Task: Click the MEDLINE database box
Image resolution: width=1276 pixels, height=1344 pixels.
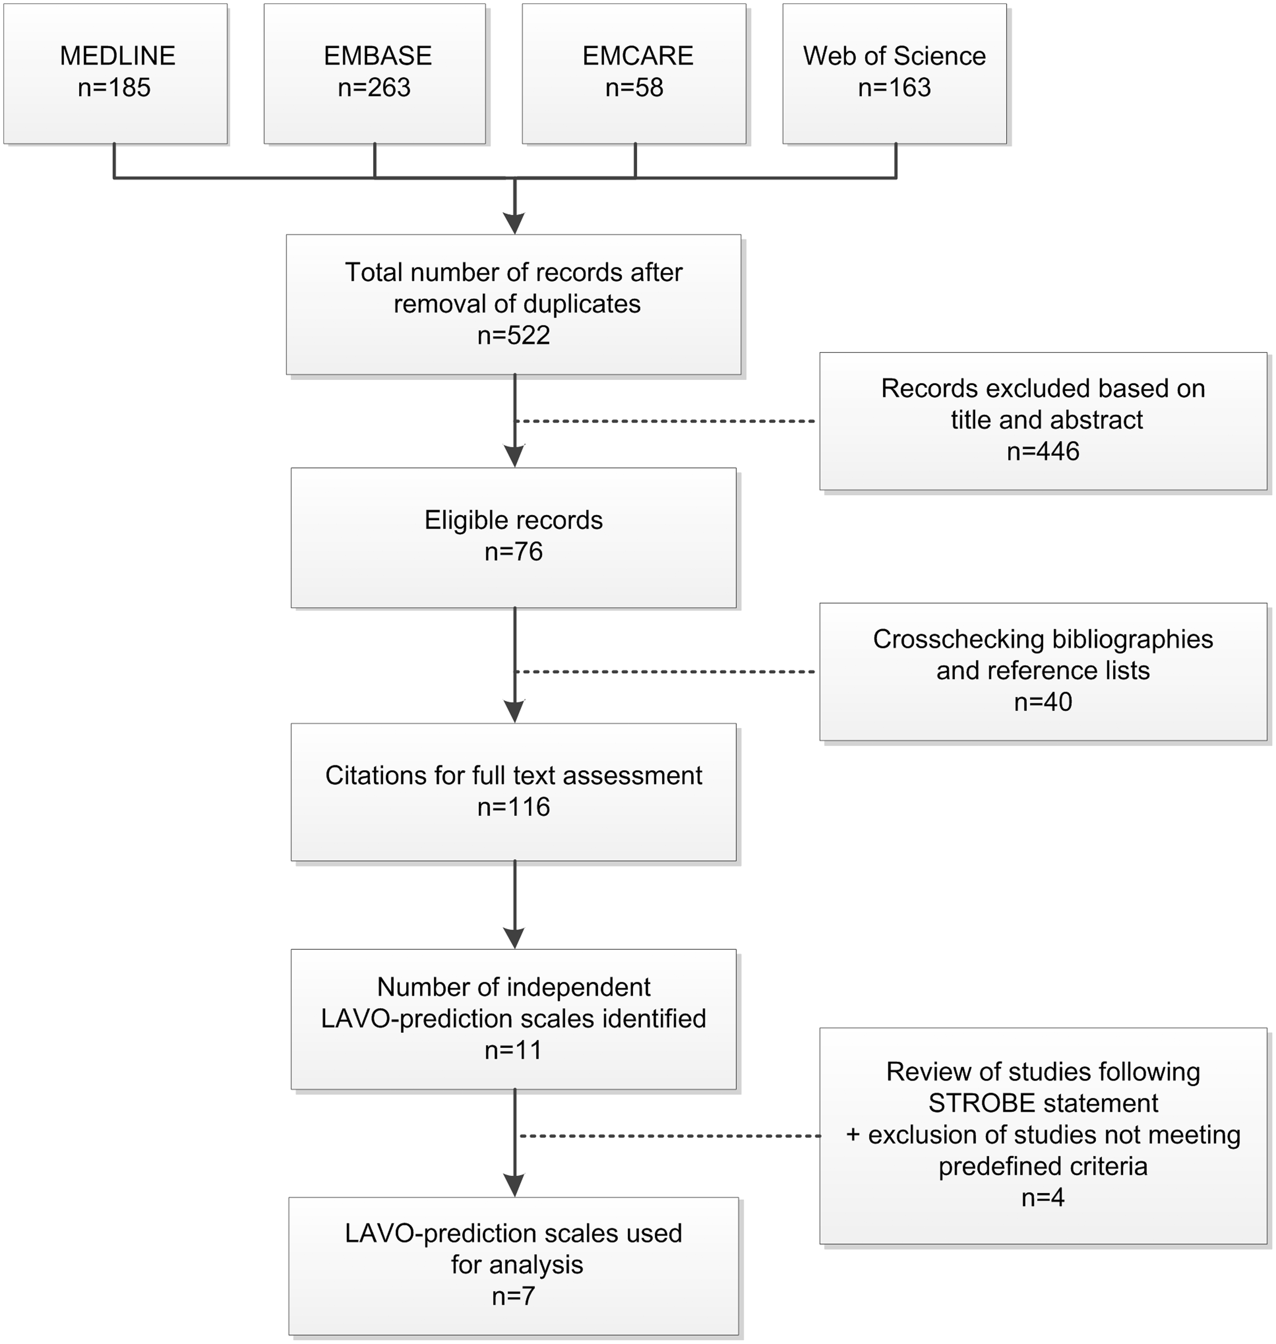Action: [x=116, y=73]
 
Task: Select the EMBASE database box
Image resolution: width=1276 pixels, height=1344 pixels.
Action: [x=375, y=73]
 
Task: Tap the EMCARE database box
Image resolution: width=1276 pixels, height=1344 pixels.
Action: [x=634, y=73]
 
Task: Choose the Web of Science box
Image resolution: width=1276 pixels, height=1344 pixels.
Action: [x=894, y=73]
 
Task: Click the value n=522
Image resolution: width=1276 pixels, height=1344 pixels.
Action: [x=514, y=335]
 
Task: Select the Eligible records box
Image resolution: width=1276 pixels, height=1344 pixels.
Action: [x=514, y=537]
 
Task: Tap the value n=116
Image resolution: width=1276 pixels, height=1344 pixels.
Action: [x=514, y=807]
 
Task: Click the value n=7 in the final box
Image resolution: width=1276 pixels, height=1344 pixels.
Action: [x=514, y=1296]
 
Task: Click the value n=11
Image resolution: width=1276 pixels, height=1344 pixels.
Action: [x=514, y=1050]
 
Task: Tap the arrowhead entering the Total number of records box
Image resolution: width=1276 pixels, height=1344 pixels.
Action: [x=514, y=223]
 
